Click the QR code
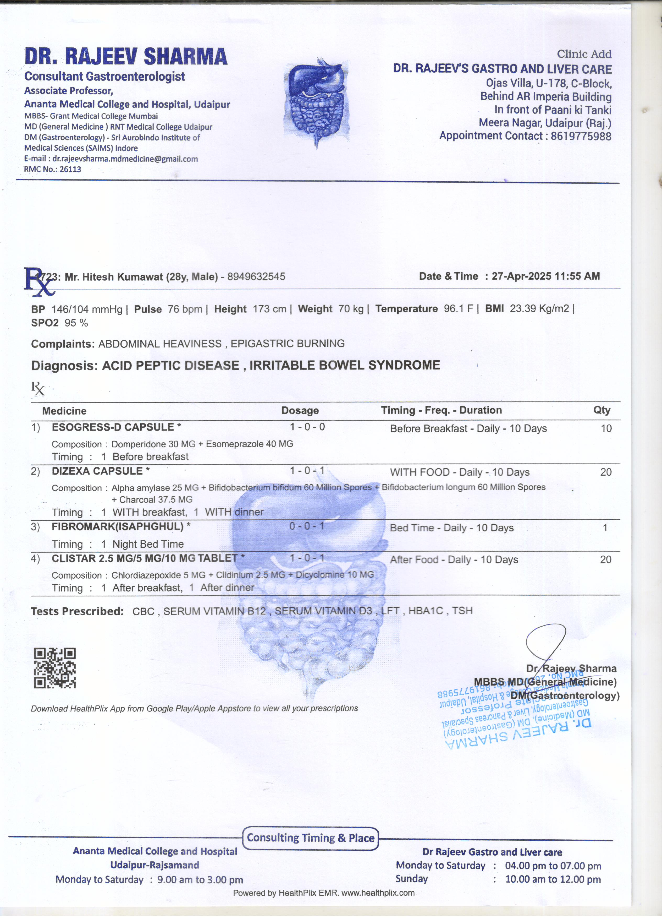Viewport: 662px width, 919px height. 55,668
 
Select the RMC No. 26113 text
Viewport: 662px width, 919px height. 53,169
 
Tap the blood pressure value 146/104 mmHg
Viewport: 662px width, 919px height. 87,309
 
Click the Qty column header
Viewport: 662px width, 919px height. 602,410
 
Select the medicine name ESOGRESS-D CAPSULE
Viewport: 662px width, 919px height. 113,427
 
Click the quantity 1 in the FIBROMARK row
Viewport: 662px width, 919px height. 605,528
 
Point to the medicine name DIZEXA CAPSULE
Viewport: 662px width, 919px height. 97,471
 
